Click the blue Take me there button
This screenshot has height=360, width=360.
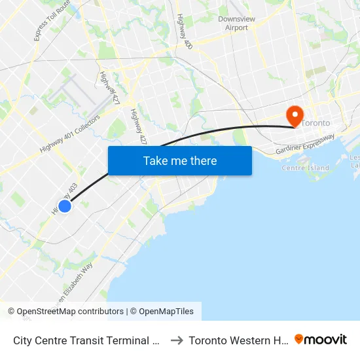[180, 160]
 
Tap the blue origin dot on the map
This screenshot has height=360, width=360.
[65, 206]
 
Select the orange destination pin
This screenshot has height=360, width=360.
[295, 117]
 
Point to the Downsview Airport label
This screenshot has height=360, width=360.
[236, 24]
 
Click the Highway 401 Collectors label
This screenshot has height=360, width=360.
[69, 134]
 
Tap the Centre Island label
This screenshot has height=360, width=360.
[305, 168]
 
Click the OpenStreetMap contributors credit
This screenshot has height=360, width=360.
[65, 312]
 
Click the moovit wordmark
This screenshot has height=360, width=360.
[326, 339]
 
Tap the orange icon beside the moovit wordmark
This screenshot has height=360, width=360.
[299, 339]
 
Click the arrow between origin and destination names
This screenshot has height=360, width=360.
[177, 340]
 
